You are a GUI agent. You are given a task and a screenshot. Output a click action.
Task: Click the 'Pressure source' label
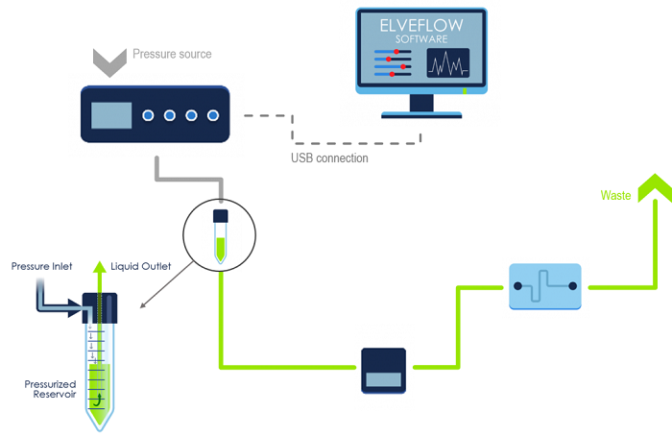171,54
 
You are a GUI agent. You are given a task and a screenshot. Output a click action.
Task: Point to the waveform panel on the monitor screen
447,64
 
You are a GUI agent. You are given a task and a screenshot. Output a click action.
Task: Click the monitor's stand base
421,113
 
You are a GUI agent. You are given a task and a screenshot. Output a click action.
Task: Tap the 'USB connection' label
329,158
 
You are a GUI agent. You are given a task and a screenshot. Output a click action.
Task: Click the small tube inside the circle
221,236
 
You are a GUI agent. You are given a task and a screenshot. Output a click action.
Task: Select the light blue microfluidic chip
544,286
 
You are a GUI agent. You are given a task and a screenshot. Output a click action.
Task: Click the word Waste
615,195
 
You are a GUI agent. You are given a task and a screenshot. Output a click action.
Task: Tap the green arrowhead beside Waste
655,187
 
